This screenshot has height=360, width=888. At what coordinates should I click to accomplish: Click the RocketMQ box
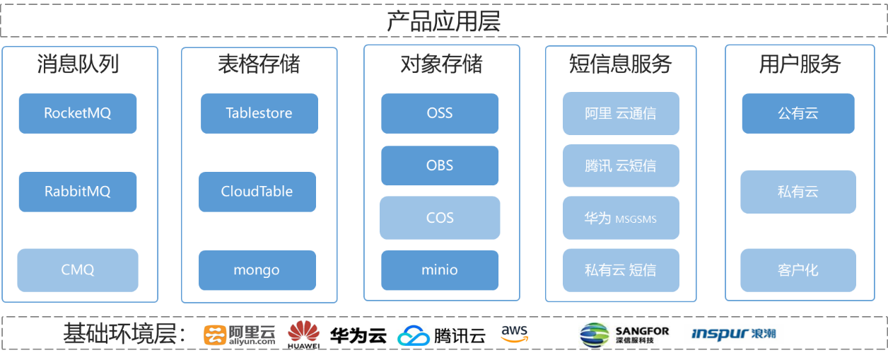78,113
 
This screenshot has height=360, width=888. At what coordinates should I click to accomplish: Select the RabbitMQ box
78,192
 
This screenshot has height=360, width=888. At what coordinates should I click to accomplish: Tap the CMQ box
78,270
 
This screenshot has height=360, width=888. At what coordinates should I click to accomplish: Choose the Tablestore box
259,113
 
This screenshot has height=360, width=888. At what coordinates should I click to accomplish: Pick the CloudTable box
257,192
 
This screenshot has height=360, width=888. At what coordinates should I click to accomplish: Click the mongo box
257,270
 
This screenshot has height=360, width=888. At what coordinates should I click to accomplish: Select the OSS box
440,113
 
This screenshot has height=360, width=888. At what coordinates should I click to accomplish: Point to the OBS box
440,166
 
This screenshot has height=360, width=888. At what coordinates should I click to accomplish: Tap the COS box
440,218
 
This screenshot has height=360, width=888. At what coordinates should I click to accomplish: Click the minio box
440,270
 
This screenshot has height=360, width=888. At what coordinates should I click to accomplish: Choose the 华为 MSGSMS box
621,218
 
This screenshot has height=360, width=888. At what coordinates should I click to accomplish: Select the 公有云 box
798,113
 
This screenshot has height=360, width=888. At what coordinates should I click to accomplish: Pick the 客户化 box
798,270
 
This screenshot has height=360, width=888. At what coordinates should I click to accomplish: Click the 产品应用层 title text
444,21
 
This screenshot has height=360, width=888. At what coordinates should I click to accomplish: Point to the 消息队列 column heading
78,64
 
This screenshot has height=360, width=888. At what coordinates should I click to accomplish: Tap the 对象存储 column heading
441,64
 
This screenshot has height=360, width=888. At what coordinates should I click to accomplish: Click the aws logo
514,332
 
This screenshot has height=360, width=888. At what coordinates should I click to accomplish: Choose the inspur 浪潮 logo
733,334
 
